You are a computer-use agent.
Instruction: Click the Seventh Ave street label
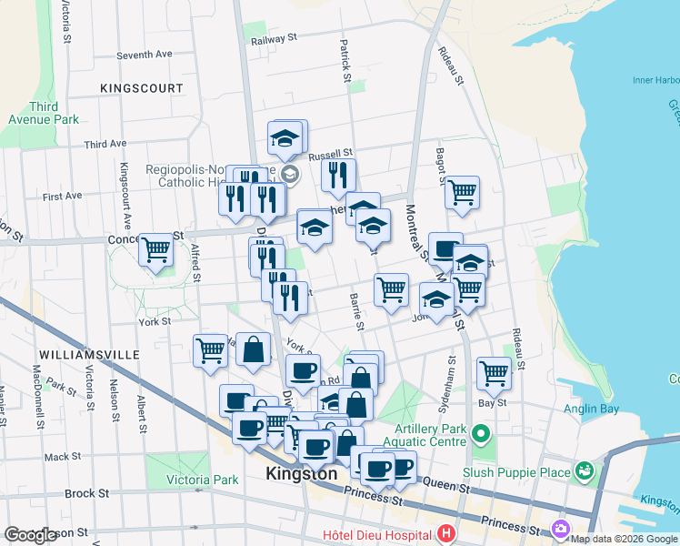click(x=144, y=55)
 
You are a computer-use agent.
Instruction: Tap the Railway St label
click(x=275, y=38)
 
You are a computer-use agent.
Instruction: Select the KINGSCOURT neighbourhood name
click(x=144, y=87)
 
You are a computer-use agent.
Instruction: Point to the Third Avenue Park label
click(x=43, y=113)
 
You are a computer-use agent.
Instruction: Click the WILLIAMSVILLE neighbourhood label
click(x=88, y=353)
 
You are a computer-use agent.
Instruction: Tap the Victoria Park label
click(x=203, y=480)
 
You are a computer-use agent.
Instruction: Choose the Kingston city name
click(x=301, y=475)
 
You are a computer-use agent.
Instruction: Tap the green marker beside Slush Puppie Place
click(x=583, y=471)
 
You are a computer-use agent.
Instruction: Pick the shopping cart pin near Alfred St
click(x=156, y=248)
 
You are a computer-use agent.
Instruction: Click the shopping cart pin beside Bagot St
click(x=463, y=192)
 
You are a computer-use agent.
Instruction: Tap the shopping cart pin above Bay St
click(x=494, y=371)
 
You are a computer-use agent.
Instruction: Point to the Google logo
click(x=31, y=535)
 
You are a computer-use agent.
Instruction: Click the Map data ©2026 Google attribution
click(x=624, y=539)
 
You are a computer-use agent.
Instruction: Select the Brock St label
click(x=86, y=493)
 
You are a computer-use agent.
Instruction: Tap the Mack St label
click(x=62, y=457)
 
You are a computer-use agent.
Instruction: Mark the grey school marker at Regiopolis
click(x=289, y=174)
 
